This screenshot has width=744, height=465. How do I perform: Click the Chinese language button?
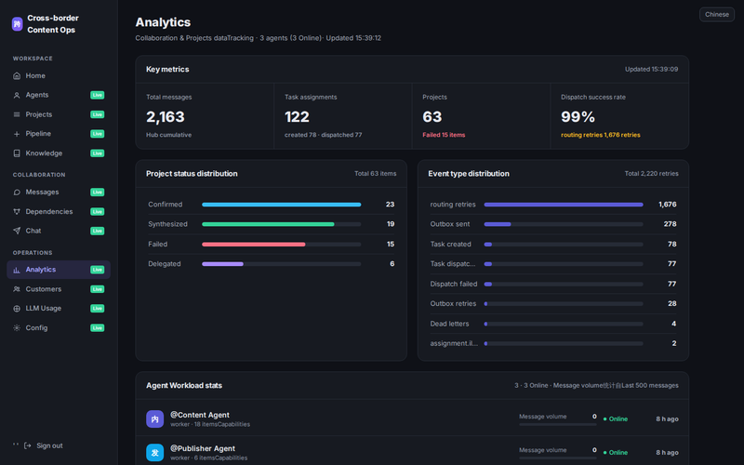(716, 14)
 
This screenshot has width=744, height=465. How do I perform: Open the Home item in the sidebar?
(35, 75)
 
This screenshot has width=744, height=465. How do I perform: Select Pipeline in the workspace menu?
(38, 133)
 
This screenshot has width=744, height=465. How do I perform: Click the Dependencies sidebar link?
(49, 211)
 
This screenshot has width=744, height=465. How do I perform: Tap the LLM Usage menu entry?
(43, 308)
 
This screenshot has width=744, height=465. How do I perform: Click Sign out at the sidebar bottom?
(49, 445)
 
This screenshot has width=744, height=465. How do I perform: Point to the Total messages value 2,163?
(166, 117)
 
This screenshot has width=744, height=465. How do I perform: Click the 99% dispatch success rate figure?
(578, 117)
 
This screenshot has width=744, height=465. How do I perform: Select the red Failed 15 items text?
(444, 135)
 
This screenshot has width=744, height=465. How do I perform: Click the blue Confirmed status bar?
(282, 205)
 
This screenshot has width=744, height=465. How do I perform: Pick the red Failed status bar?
(253, 245)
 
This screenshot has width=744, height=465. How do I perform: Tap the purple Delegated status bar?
(222, 264)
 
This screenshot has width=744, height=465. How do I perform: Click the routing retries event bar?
(564, 205)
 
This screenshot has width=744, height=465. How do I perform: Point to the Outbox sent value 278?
(670, 224)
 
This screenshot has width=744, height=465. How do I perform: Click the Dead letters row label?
(449, 324)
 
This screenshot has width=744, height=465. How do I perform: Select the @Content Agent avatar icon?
(154, 419)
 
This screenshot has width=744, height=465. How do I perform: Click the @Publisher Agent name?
(203, 448)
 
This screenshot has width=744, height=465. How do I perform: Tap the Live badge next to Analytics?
(98, 270)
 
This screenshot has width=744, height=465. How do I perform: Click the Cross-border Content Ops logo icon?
(17, 24)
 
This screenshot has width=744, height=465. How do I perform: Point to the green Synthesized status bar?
(268, 224)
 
